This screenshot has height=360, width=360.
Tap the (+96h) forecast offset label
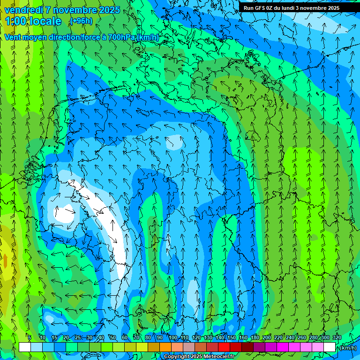pyautogui.click(x=81, y=21)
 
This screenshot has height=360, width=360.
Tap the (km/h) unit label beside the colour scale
pyautogui.click(x=347, y=347)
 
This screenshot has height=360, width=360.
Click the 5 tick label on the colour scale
pyautogui.click(x=30, y=338)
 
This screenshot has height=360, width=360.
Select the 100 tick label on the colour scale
pyautogui.click(x=172, y=338)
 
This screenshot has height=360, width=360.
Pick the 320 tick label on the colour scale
pyautogui.click(x=337, y=338)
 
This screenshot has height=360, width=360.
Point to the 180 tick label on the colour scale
pyautogui.click(x=255, y=338)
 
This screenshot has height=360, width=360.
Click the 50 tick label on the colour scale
pyautogui.click(x=112, y=338)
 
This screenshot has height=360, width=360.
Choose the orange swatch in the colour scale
pyautogui.click(x=165, y=347)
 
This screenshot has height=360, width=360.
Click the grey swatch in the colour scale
pyautogui.click(x=188, y=347)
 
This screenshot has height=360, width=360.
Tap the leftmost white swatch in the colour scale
pyautogui.click(x=24, y=347)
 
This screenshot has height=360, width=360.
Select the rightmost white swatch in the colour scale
pyautogui.click(x=330, y=347)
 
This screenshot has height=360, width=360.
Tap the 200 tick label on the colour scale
pyautogui.click(x=267, y=338)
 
